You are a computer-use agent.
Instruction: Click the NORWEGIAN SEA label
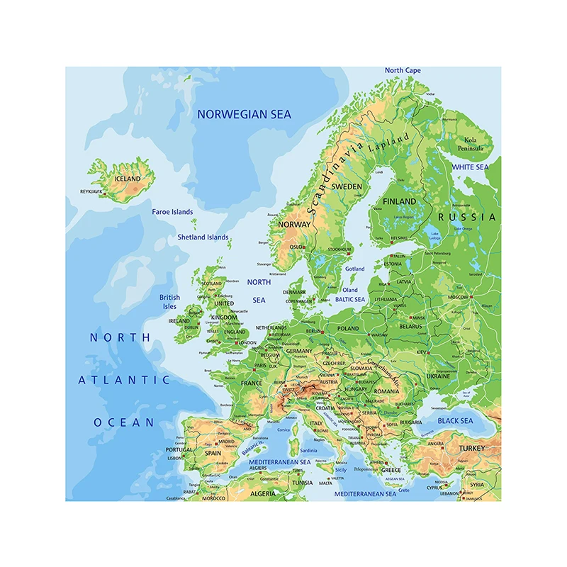244,114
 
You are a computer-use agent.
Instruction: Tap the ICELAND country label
128,179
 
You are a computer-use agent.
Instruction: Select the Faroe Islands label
172,212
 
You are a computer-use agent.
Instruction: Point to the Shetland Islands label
203,237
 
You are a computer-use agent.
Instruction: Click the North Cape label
403,71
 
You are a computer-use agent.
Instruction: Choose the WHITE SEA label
471,167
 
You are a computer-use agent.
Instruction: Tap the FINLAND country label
400,201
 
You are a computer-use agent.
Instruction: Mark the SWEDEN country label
347,186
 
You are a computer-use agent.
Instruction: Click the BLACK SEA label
455,421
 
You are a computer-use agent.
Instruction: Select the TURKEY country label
472,449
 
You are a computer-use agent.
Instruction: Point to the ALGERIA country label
262,493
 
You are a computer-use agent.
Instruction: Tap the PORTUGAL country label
179,449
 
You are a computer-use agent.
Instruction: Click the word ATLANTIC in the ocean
124,380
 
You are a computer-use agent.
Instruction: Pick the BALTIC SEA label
350,300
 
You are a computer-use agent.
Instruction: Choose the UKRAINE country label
438,376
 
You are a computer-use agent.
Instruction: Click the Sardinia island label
309,451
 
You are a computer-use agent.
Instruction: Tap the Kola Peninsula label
474,144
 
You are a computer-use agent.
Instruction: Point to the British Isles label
169,302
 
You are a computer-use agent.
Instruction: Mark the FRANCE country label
251,383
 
